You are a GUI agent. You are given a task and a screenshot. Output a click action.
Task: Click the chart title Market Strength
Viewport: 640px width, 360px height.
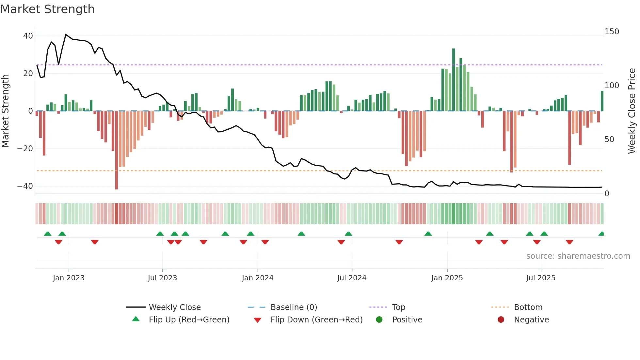tap(47, 9)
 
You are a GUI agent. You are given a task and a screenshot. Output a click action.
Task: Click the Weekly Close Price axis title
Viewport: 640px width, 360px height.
tap(632, 111)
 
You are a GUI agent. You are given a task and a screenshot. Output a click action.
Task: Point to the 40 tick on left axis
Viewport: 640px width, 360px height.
tap(28, 36)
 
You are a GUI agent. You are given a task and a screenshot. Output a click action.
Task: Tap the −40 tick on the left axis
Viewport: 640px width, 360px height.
tap(25, 186)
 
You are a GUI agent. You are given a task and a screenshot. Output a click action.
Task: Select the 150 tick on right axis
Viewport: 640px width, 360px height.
tap(612, 32)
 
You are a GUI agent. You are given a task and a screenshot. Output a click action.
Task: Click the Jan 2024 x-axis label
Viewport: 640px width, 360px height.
tap(258, 278)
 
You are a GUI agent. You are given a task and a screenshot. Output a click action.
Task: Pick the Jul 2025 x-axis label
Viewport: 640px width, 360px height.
tap(541, 278)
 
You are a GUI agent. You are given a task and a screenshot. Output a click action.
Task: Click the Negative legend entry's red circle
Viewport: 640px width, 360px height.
tap(501, 320)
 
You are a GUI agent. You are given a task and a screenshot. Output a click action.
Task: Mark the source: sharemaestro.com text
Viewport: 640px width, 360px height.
tap(578, 256)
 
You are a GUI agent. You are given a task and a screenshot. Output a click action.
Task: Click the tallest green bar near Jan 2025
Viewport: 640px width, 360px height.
tap(454, 78)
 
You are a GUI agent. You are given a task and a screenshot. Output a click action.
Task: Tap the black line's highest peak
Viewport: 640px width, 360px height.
tap(66, 35)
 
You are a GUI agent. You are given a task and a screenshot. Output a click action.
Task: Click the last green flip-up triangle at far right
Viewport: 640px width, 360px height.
tap(601, 234)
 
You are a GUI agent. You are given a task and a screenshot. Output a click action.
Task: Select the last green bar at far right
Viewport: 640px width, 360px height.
tap(602, 101)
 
